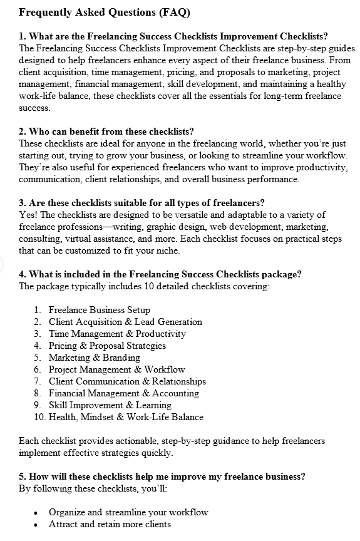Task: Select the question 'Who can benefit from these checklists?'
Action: (106, 131)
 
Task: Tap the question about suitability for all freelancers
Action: (141, 202)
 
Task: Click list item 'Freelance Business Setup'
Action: (99, 310)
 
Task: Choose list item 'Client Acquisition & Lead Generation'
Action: (125, 322)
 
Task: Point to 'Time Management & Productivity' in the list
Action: (117, 334)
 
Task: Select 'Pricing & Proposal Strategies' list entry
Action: (107, 346)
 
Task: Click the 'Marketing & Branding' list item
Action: (94, 358)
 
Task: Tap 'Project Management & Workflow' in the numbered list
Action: (116, 369)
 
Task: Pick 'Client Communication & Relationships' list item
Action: (127, 381)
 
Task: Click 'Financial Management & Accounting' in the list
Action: (123, 393)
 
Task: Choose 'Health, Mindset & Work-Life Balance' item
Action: (126, 417)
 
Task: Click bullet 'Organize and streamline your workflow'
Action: (128, 512)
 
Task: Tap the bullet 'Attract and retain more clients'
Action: (110, 524)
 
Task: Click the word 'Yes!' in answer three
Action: (28, 215)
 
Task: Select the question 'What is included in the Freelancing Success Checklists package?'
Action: (160, 274)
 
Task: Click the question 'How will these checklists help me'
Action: (162, 477)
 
